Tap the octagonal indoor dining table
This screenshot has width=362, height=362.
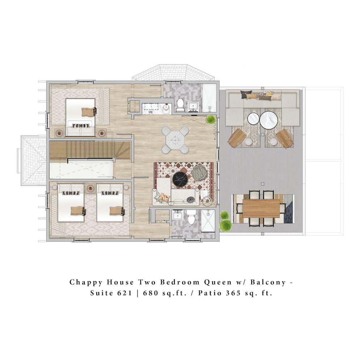point(175,140)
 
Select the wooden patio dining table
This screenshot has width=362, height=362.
point(261,208)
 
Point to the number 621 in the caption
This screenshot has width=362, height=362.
point(125,293)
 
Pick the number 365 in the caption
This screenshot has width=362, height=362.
point(233,293)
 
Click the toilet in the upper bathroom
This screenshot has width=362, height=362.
point(180,105)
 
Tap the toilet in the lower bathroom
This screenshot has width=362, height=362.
point(191,217)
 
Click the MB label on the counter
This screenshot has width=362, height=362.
point(151,112)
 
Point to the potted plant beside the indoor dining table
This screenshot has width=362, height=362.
point(211,119)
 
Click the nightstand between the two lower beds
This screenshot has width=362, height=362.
point(90,188)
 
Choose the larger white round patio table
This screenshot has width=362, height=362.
point(269,120)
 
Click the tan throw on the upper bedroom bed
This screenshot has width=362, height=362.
point(89,112)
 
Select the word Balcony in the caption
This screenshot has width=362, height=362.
point(268,282)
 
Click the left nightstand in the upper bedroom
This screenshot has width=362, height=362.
point(59,133)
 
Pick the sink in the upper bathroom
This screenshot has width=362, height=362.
point(193,106)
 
